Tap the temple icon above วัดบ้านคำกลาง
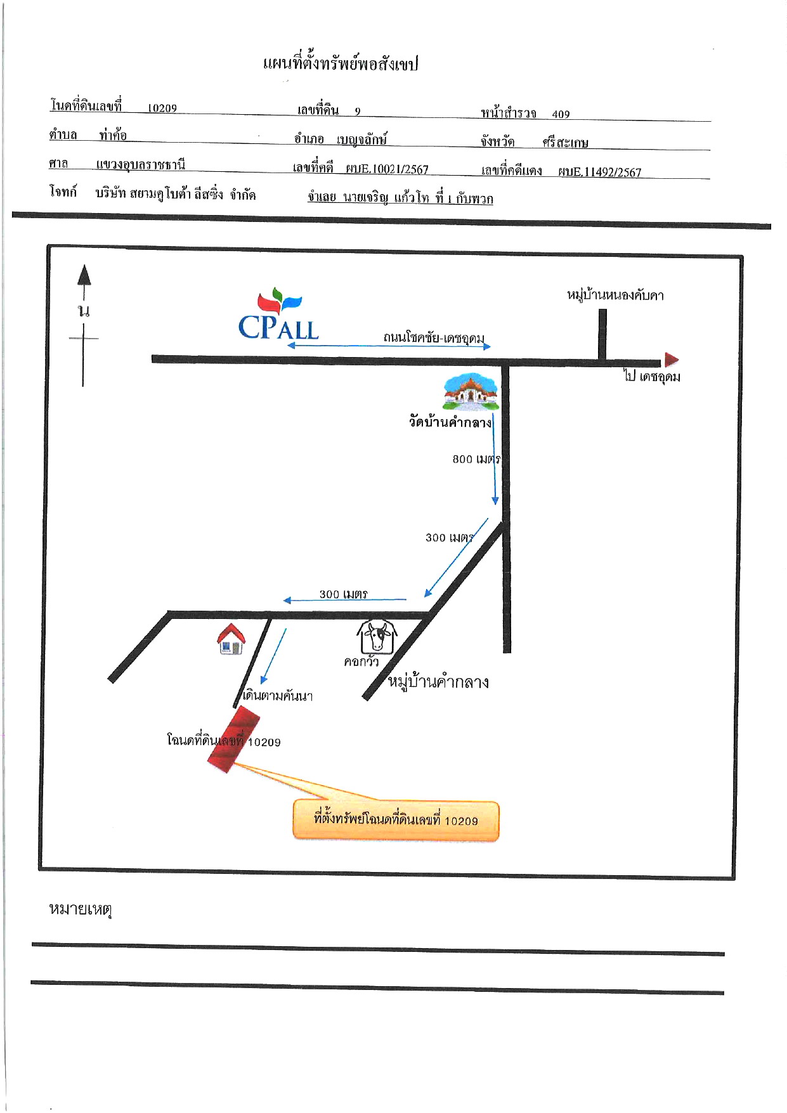(471, 392)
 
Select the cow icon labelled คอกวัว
(376, 637)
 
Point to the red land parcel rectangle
(234, 739)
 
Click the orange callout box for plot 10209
(396, 821)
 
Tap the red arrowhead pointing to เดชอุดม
(672, 360)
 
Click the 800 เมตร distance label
(476, 459)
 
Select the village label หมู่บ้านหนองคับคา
(615, 295)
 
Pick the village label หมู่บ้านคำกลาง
(438, 682)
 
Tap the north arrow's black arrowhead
(84, 275)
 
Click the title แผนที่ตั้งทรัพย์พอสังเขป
(341, 63)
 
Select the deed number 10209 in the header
(162, 108)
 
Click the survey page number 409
(561, 114)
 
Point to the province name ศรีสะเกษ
(565, 143)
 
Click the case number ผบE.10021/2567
(387, 169)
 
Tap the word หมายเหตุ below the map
(81, 909)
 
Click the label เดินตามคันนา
(278, 696)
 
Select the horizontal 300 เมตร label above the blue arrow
(343, 594)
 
